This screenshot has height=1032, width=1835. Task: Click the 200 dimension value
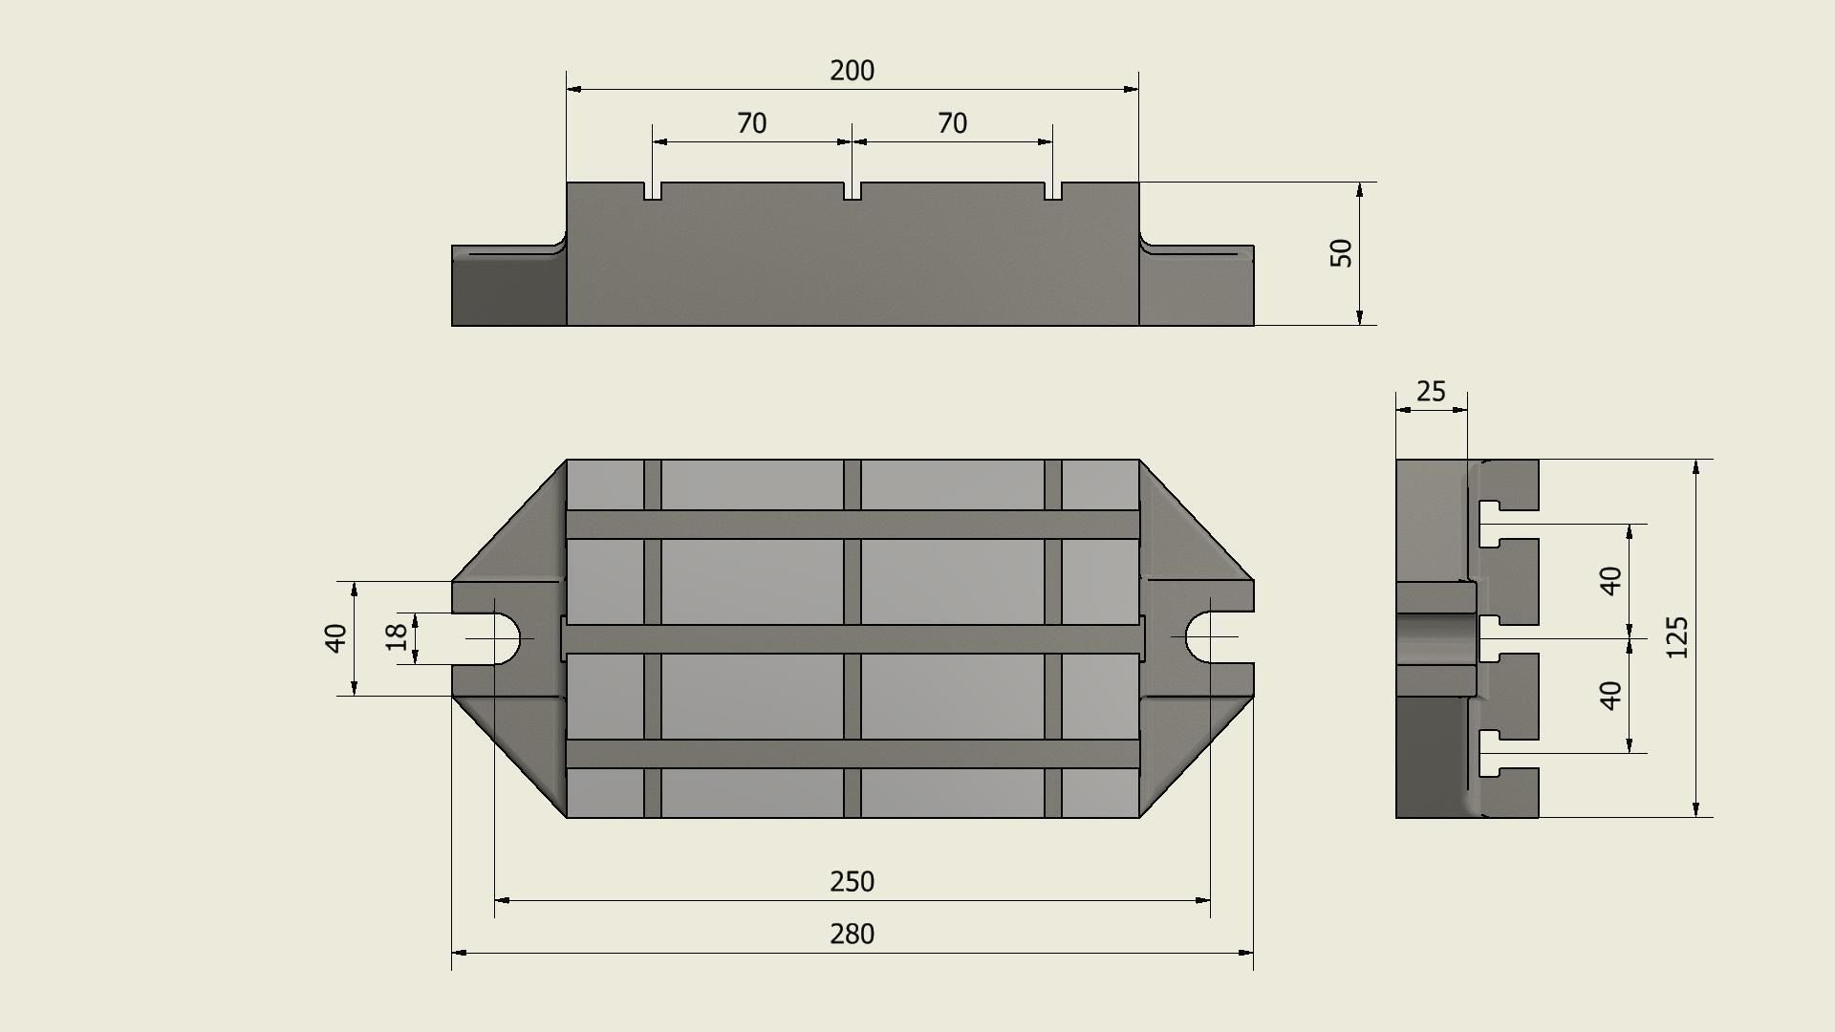pos(852,71)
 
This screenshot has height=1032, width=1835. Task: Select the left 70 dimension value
pos(751,123)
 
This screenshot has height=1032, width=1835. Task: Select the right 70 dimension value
pos(952,123)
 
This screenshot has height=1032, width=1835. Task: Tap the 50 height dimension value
pos(1342,253)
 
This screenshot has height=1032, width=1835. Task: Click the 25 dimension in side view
pos(1431,392)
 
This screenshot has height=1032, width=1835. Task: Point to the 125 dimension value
pos(1677,637)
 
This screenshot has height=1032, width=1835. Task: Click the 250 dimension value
pos(852,881)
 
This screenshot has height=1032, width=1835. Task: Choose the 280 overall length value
pos(852,934)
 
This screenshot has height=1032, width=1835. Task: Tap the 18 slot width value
pos(397,637)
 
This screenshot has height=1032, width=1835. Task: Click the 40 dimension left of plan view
pos(335,637)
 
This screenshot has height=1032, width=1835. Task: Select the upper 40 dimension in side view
pos(1610,580)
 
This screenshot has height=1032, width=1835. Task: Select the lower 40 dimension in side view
pos(1610,695)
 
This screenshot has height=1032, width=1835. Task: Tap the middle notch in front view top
pos(853,191)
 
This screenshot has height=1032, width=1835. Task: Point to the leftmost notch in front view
pos(653,191)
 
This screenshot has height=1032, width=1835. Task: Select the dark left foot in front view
pos(508,291)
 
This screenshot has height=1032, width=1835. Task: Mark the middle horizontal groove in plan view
pos(853,638)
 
